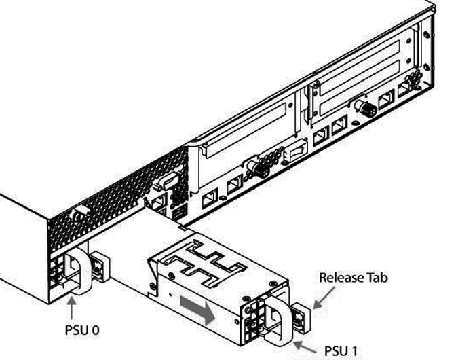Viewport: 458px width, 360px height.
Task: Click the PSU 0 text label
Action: pos(82,330)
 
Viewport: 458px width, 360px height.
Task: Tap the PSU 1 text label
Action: pos(341,351)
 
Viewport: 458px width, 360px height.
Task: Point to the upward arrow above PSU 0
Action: pos(71,308)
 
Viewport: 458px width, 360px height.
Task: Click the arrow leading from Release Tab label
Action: pos(324,297)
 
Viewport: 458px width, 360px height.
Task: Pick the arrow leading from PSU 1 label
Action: pos(305,347)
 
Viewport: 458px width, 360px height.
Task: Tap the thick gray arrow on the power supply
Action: pos(197,310)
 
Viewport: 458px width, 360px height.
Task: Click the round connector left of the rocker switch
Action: pos(259,168)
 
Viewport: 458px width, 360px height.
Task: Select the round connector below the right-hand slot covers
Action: pos(364,107)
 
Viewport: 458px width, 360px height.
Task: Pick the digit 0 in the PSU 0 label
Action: pos(95,331)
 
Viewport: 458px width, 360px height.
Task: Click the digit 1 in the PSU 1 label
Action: pos(354,351)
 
